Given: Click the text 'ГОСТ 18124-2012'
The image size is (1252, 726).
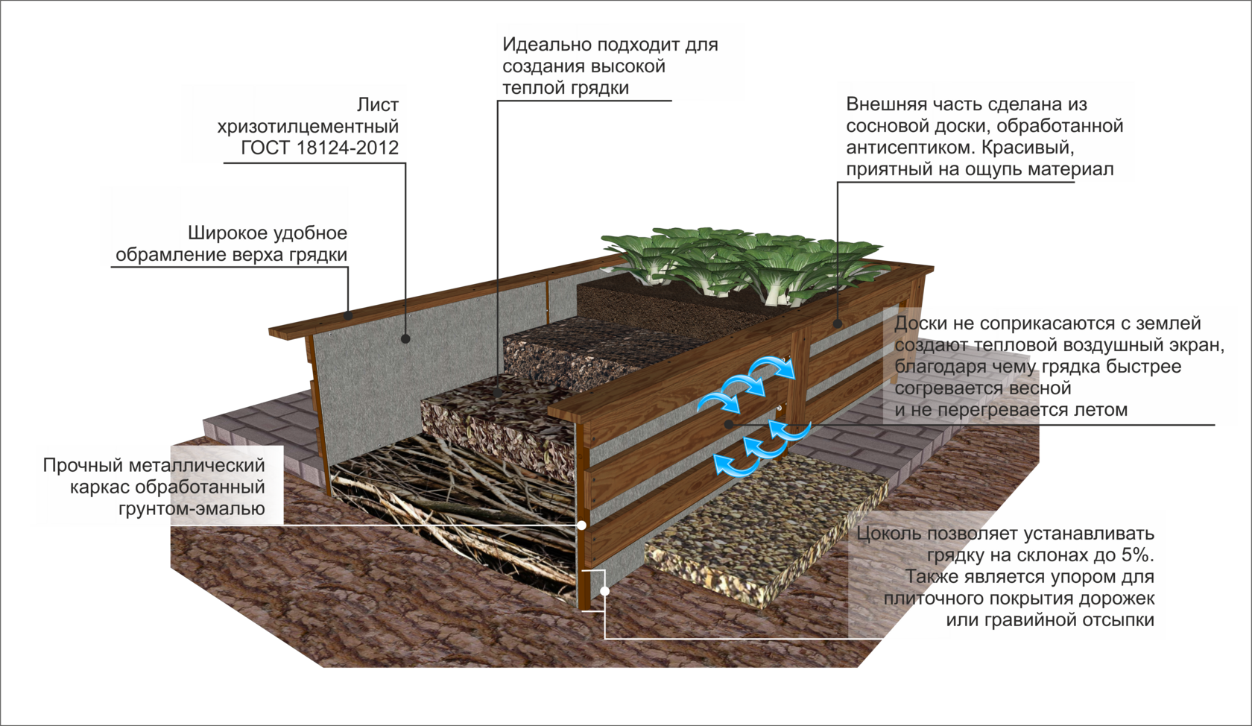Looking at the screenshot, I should click(x=320, y=148).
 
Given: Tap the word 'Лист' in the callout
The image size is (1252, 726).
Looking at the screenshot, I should click(x=377, y=105).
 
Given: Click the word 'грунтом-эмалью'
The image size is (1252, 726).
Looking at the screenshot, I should click(x=192, y=509).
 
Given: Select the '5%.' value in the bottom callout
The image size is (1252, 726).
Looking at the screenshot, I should click(x=1137, y=555).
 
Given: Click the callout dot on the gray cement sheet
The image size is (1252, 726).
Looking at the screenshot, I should click(x=405, y=338).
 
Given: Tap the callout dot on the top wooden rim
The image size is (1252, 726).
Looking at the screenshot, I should click(x=348, y=315).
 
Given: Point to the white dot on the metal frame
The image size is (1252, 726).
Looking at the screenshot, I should click(x=582, y=525).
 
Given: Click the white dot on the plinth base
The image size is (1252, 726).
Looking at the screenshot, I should click(x=605, y=591).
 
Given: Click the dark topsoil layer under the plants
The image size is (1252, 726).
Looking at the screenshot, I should click(x=656, y=306).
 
